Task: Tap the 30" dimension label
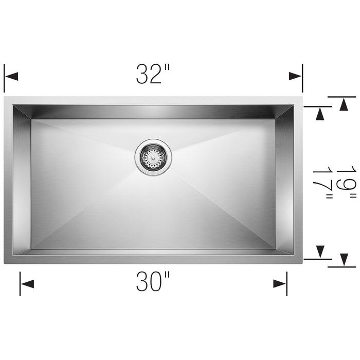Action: coord(153,282)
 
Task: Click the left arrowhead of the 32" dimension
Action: coord(12,76)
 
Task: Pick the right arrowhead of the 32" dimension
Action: coord(295,76)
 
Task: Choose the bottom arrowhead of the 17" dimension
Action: coord(321,252)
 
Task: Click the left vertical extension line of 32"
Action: coord(5,78)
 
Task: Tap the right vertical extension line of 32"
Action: coord(302,78)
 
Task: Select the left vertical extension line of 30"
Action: coord(20,284)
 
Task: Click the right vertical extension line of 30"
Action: coord(287,284)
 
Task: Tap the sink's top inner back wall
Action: coord(153,112)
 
